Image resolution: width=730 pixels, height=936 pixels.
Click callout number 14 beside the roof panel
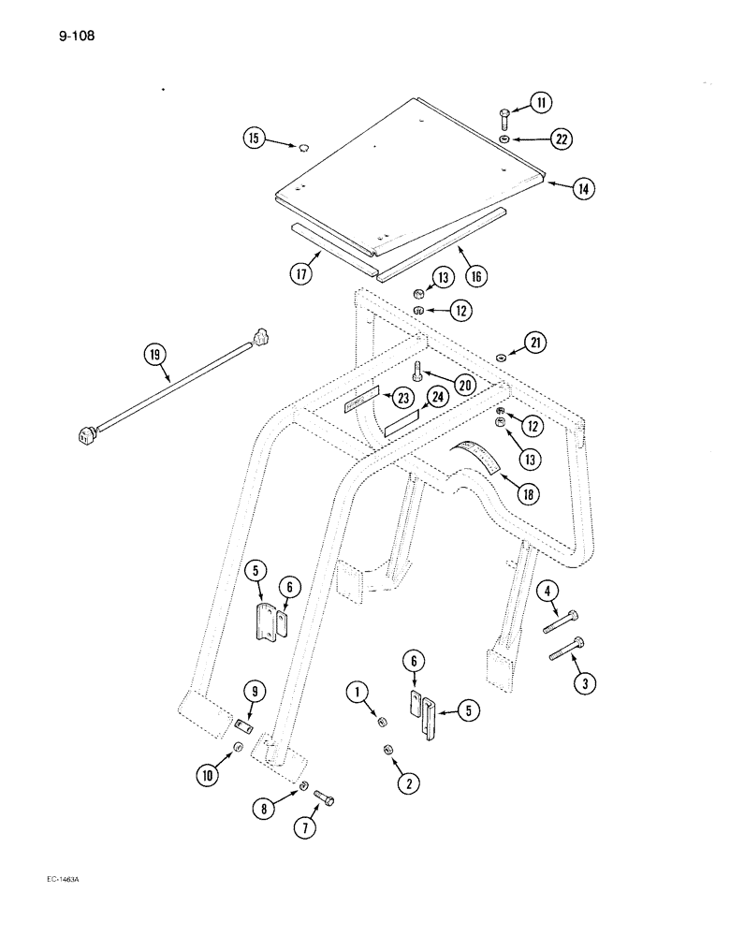click(x=584, y=188)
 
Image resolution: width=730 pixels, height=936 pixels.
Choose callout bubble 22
click(x=561, y=139)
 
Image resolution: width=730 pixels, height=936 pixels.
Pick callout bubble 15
click(x=254, y=139)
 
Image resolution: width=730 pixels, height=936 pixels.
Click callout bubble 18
click(x=530, y=493)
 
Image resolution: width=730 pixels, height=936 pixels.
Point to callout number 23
click(x=403, y=398)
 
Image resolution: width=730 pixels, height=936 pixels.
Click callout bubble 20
click(x=464, y=384)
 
